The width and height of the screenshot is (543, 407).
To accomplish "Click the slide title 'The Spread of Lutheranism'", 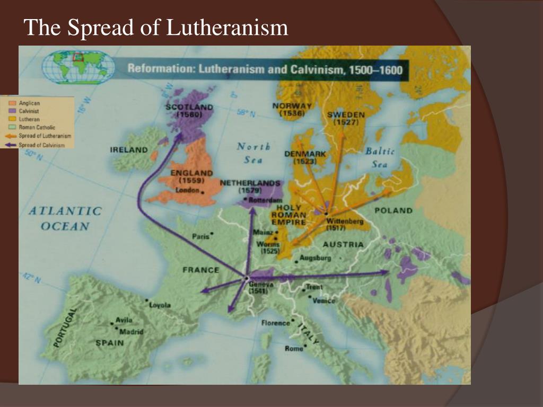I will [156, 28].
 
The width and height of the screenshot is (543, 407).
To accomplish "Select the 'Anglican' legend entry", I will [29, 103].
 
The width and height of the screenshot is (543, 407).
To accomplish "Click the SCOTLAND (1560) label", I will [189, 110].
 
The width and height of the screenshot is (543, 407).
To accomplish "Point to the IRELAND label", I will [129, 150].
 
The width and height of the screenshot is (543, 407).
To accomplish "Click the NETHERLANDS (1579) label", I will [250, 186].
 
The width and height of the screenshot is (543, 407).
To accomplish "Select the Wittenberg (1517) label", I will [344, 224].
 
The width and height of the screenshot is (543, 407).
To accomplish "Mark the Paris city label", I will [201, 236].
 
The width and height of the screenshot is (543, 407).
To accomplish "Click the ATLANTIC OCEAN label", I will [64, 218].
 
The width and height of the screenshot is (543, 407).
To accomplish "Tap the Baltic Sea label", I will [380, 157].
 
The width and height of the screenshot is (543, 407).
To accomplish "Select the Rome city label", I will [294, 348].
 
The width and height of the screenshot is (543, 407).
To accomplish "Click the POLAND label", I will [393, 210].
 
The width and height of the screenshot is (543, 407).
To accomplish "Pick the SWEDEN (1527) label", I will [346, 118].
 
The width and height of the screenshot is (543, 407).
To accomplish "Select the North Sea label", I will [253, 153].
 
